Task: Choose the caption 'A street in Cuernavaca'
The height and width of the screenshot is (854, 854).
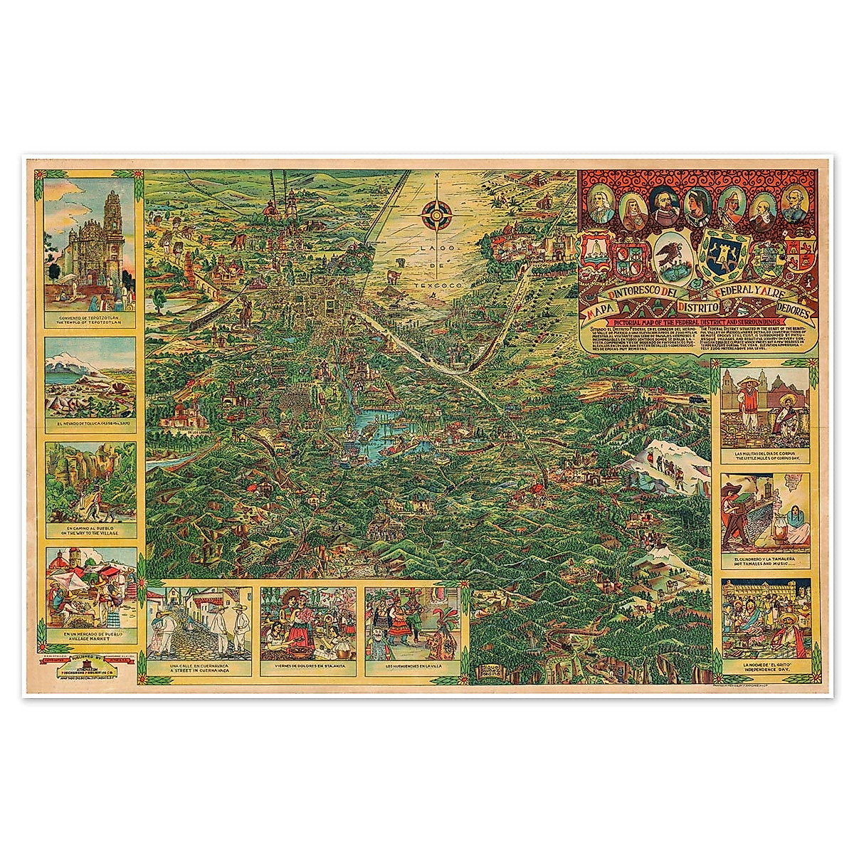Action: (201, 671)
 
